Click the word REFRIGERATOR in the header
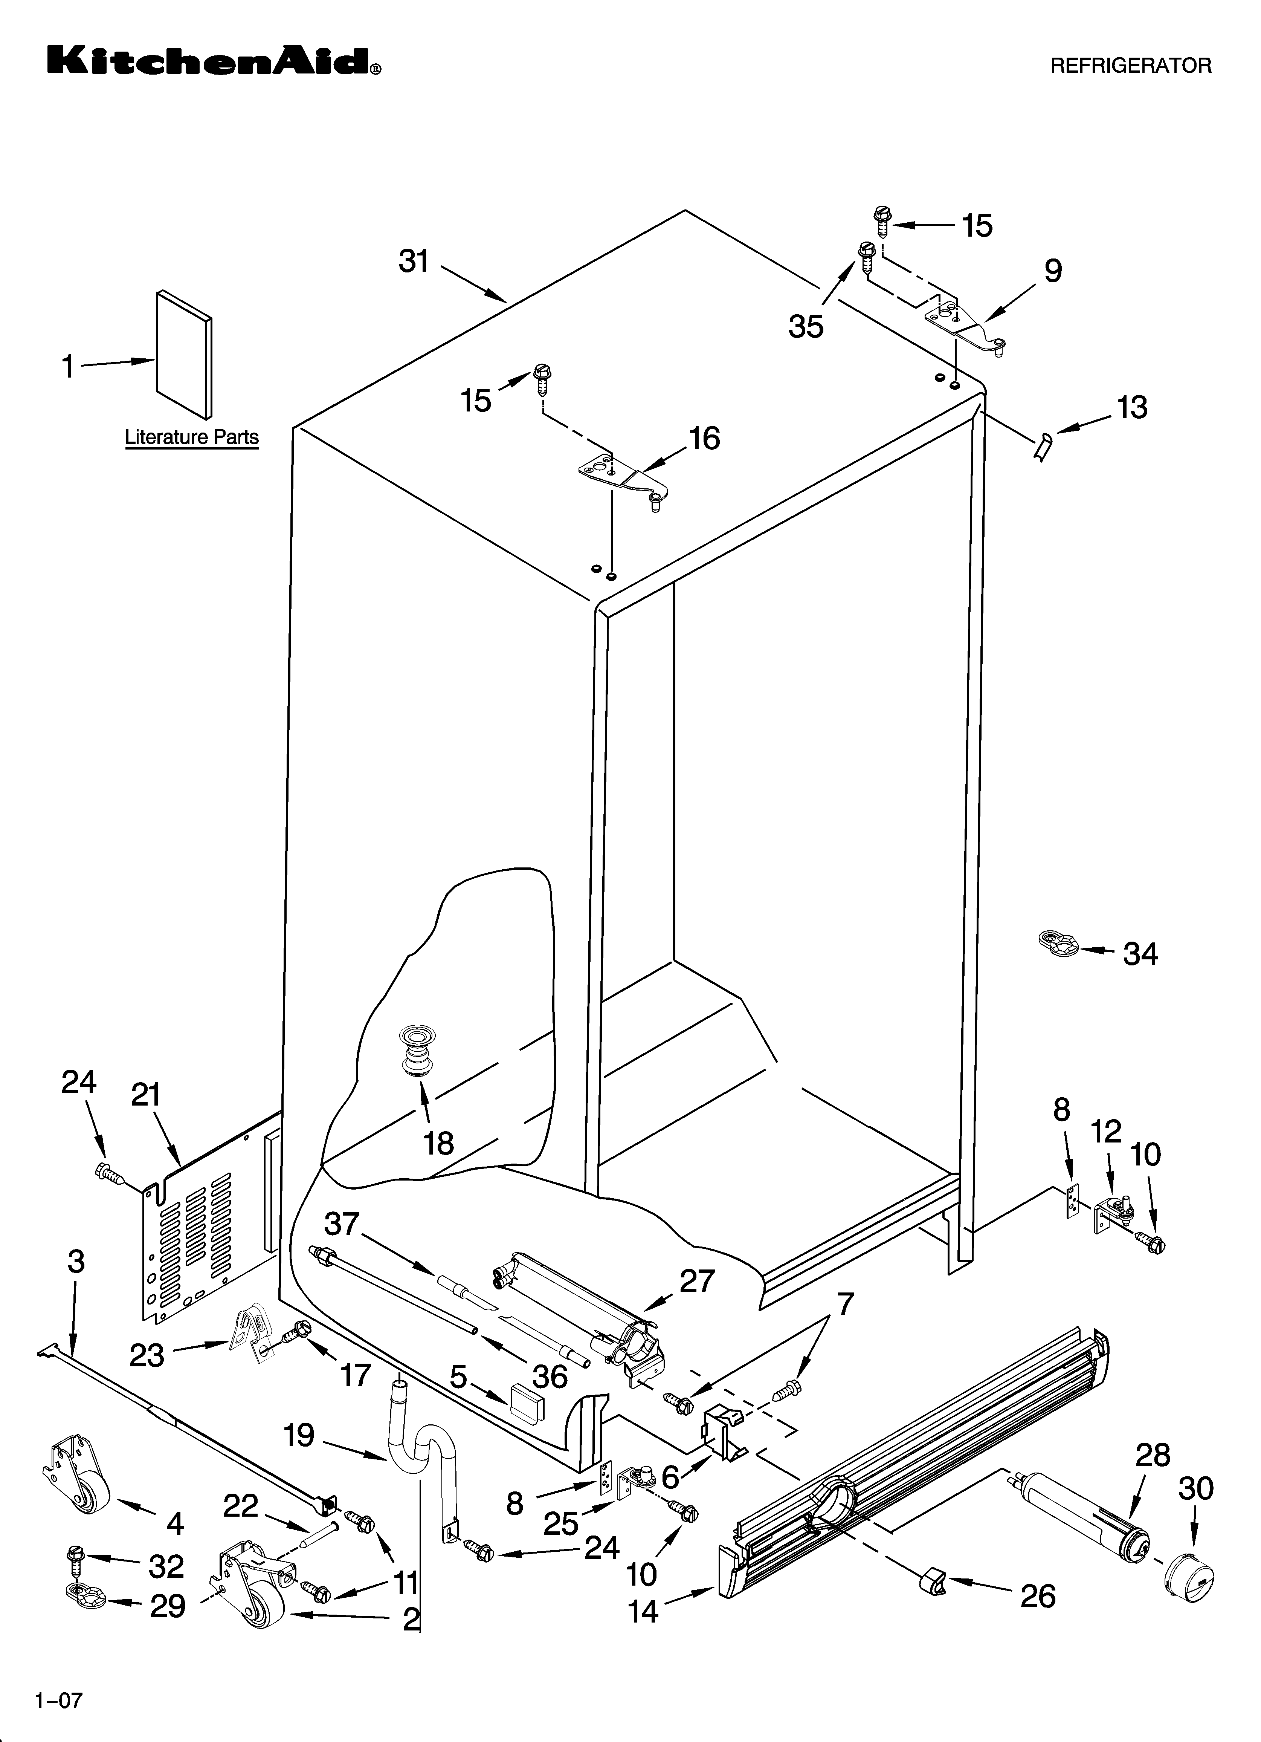[1130, 66]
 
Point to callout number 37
[342, 1224]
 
